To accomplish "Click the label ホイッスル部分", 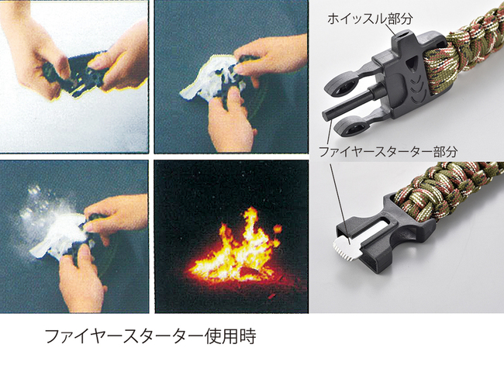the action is point(370,19).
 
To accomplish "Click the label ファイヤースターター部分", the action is point(388,151).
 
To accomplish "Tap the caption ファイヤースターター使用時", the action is point(150,336).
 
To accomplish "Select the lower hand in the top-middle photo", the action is point(229,120).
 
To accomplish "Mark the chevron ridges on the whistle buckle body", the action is point(418,84).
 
